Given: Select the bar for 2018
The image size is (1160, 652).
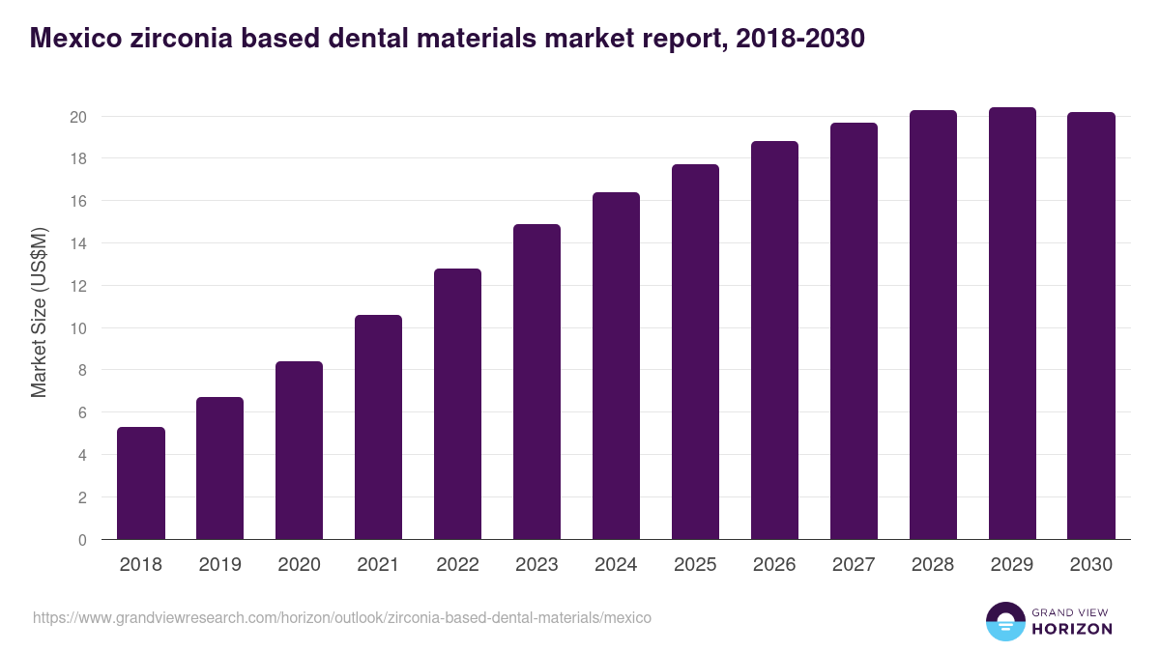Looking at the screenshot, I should tap(141, 483).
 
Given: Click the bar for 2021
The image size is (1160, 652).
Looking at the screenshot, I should tap(379, 427).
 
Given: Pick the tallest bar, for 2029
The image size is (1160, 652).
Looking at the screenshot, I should tap(1012, 324).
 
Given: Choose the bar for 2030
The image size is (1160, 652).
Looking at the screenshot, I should tap(1091, 326).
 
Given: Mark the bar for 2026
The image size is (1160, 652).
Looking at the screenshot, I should tap(775, 340).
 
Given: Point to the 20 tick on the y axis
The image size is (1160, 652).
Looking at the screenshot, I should tap(78, 117).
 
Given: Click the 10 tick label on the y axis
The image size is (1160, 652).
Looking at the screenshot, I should tap(78, 328).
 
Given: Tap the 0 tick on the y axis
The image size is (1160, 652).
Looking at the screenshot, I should tap(82, 540).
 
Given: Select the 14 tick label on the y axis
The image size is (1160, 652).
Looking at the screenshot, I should tap(78, 243).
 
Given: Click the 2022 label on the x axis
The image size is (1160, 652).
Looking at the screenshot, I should tap(457, 565).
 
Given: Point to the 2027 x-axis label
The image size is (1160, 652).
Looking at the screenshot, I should tap(854, 565).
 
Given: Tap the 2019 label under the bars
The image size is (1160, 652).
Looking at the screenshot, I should tap(220, 565).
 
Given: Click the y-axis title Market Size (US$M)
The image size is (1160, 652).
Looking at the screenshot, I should tap(39, 311).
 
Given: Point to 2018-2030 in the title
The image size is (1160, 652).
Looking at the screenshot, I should tap(799, 39).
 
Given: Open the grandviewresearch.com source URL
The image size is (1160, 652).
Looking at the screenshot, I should tap(342, 617).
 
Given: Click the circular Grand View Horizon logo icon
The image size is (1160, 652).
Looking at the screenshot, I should tap(1005, 621).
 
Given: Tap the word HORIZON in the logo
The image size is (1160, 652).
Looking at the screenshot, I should tap(1073, 629).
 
